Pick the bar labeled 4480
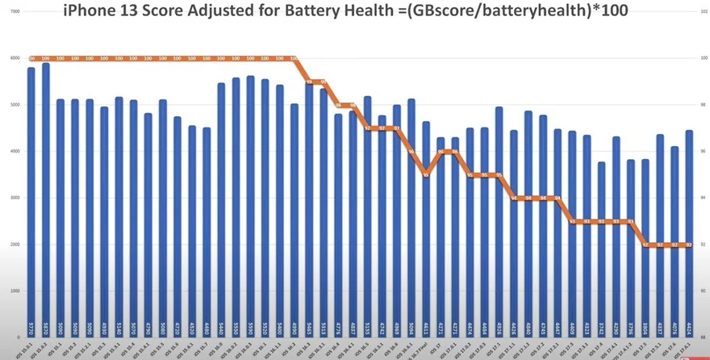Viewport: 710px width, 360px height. (207, 226)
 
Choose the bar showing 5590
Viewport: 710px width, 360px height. (250, 202)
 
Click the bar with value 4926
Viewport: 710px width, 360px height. (499, 218)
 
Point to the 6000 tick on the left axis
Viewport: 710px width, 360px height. (15, 58)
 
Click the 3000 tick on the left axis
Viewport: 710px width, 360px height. (15, 198)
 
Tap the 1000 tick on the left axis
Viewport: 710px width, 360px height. (15, 291)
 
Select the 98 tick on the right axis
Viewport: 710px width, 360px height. (700, 105)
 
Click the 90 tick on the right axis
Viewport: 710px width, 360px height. (700, 291)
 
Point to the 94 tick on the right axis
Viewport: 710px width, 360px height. (700, 198)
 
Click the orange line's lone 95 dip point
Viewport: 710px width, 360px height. (426, 174)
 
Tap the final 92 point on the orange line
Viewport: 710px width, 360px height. (689, 244)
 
